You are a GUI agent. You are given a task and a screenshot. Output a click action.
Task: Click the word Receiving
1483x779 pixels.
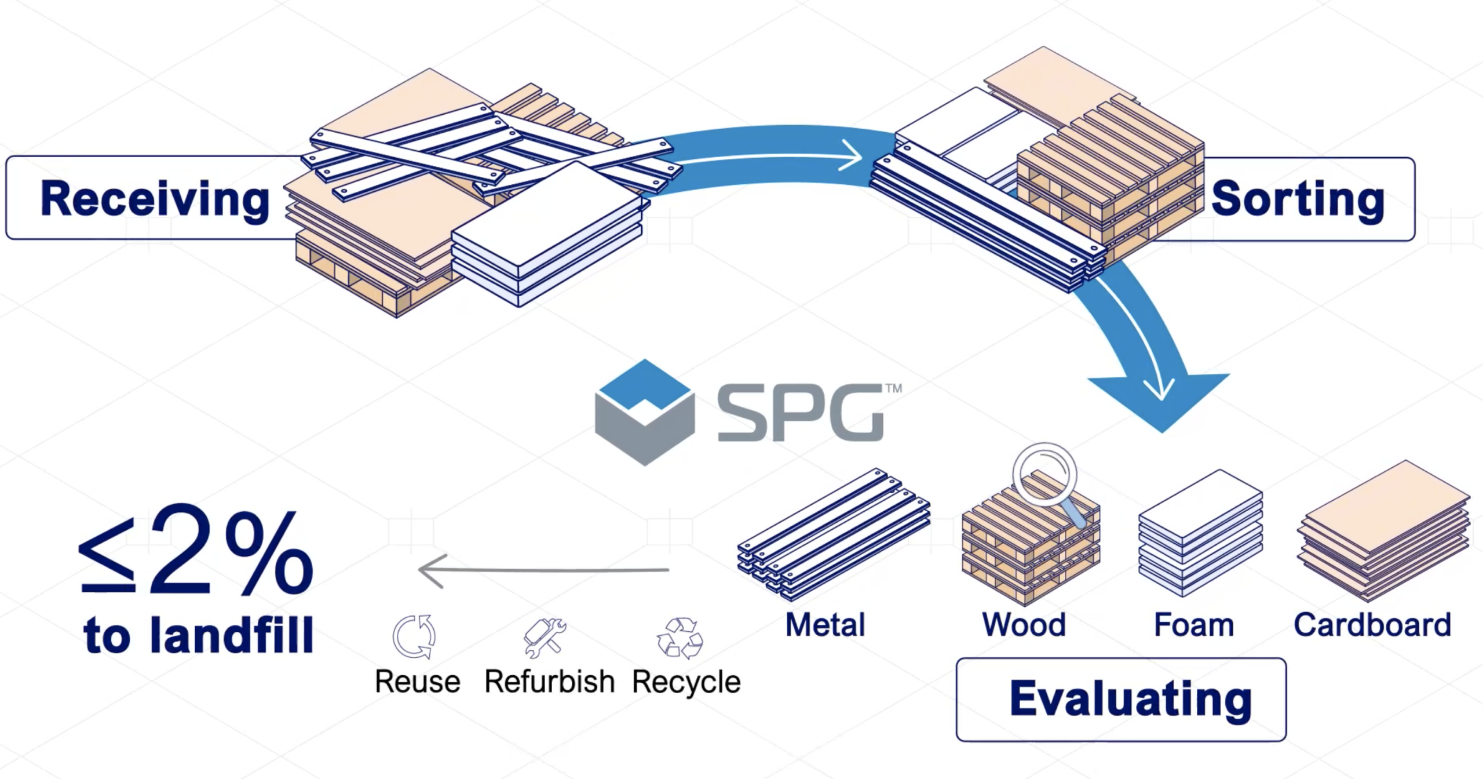[x=155, y=200]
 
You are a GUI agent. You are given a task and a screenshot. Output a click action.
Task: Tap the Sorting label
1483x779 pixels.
[x=1298, y=200]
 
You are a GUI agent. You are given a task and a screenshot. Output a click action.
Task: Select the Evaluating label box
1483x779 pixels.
[x=1121, y=700]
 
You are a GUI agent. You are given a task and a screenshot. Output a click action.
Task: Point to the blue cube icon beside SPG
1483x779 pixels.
[x=645, y=412]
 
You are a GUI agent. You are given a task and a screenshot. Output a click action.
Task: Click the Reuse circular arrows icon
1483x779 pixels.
[x=414, y=636]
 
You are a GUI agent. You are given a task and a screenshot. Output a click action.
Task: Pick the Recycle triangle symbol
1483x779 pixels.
[x=680, y=638]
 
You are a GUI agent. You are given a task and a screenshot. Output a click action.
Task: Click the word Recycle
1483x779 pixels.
[x=686, y=682]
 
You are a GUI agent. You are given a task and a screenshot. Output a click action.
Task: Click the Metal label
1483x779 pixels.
[x=825, y=625]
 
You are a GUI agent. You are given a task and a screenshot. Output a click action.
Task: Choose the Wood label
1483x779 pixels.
[x=1024, y=625]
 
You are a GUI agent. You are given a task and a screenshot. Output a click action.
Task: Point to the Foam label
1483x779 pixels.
[x=1193, y=625]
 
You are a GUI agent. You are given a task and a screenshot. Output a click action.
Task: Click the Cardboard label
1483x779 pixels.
[x=1372, y=625]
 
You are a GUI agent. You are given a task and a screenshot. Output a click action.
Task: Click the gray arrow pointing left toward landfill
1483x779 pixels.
[x=543, y=571]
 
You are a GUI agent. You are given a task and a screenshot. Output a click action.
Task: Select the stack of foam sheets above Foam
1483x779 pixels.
[x=1200, y=533]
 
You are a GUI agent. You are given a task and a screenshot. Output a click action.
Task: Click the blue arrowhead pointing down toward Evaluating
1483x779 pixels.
[x=1159, y=400]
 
